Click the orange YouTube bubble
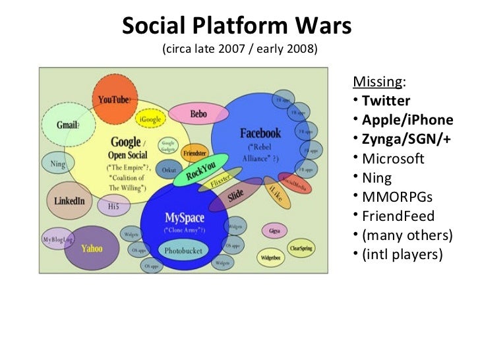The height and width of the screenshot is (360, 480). [x=114, y=99]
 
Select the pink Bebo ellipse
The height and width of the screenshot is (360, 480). [x=198, y=114]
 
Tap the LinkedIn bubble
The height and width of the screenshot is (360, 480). [x=70, y=200]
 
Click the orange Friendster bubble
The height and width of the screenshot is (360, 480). [x=195, y=152]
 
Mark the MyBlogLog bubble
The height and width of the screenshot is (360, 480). [x=57, y=239]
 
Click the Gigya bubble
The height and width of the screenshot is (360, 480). [x=274, y=231]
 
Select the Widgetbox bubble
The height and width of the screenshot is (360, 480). [x=271, y=257]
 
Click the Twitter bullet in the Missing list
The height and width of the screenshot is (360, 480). [x=386, y=101]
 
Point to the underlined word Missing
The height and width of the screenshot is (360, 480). [x=377, y=82]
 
